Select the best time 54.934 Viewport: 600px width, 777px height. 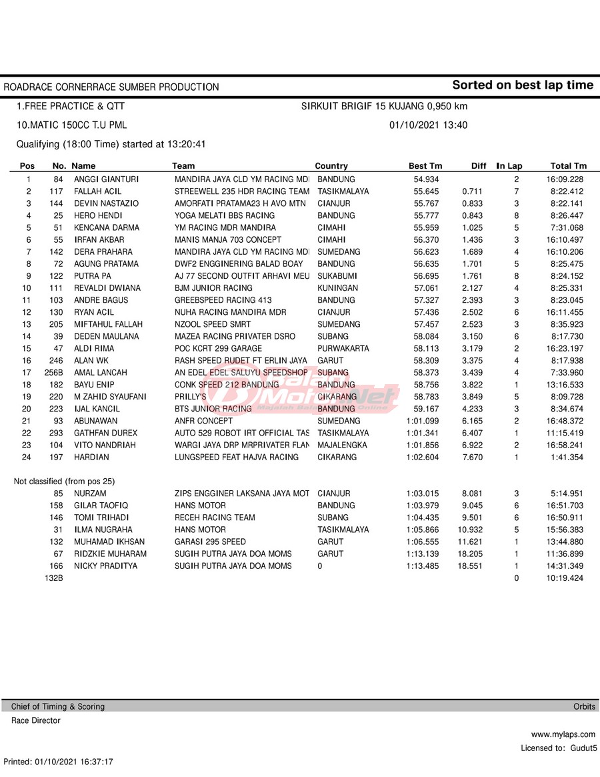tap(426, 179)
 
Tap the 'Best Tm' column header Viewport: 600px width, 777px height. tap(425, 166)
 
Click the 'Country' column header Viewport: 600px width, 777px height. tap(331, 166)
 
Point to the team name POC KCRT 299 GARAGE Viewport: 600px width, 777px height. tap(218, 348)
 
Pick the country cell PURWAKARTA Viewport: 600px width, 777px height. tap(343, 348)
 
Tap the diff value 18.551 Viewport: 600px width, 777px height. tap(471, 566)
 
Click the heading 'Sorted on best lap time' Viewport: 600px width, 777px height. tap(522, 85)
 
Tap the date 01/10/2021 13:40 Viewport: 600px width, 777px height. tap(428, 125)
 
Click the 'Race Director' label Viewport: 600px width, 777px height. tap(35, 720)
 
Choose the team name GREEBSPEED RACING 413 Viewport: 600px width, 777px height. tap(223, 300)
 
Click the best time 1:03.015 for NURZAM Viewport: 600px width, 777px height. tap(423, 493)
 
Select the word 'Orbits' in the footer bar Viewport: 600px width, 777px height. tap(584, 706)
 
